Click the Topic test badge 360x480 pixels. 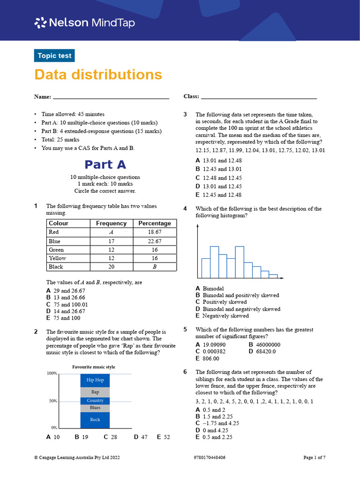(x=54, y=56)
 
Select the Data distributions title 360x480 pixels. (x=98, y=75)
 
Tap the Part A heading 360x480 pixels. (x=105, y=165)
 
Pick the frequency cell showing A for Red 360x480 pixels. (x=111, y=232)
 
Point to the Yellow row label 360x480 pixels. (x=57, y=258)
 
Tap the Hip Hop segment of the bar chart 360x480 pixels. (x=95, y=380)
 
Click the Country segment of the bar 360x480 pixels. (x=95, y=401)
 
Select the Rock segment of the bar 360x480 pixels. (x=95, y=420)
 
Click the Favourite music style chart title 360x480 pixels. (x=93, y=367)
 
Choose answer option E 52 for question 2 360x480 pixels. (x=163, y=437)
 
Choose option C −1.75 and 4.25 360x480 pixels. (x=217, y=423)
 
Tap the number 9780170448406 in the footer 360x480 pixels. (x=209, y=457)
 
